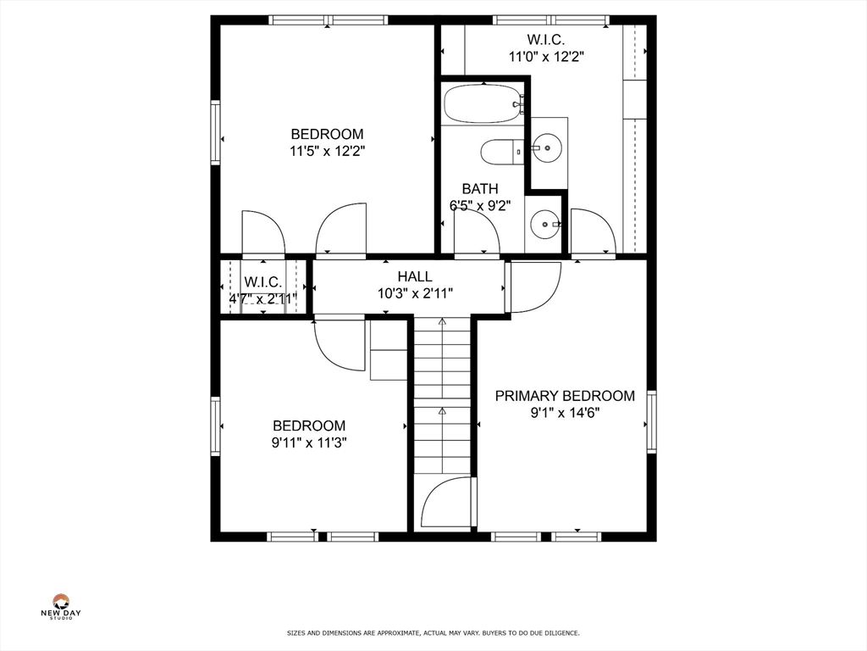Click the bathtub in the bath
click(483, 103)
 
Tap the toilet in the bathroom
click(501, 151)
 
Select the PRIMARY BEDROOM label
click(565, 396)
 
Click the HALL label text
click(415, 276)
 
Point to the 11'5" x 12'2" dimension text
click(328, 151)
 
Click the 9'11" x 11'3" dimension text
click(308, 442)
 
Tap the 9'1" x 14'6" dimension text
click(565, 413)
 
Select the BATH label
click(480, 189)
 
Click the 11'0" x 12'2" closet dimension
click(546, 57)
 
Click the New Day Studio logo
click(61, 606)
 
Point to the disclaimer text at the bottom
click(433, 632)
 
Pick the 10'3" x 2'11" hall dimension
click(415, 293)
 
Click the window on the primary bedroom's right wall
click(652, 422)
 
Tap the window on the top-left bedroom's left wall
click(215, 131)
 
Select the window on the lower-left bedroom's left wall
click(215, 426)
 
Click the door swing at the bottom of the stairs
click(447, 502)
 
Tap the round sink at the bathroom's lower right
click(545, 225)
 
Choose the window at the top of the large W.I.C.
click(551, 20)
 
